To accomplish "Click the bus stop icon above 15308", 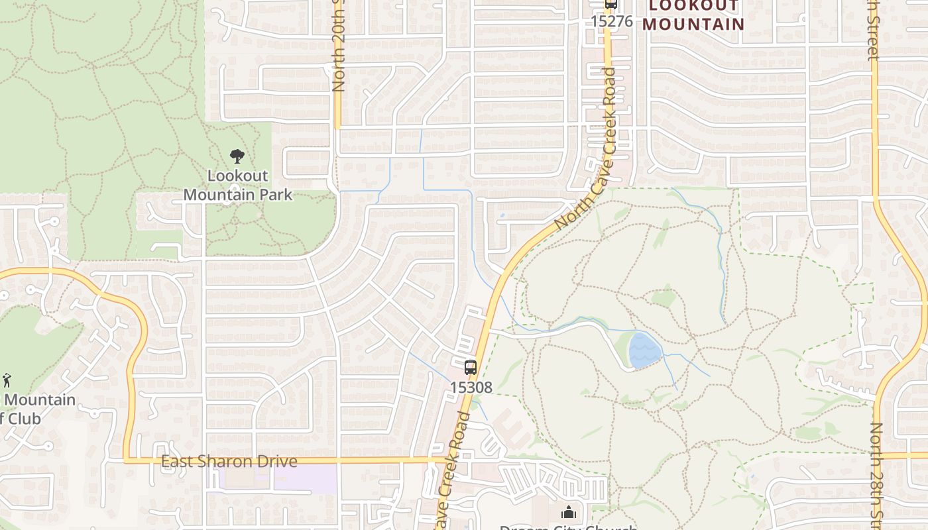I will (x=471, y=367).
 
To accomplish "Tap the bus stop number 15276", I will (x=612, y=21).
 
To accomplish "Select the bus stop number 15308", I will (x=471, y=387).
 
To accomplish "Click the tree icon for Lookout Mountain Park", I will (x=237, y=157).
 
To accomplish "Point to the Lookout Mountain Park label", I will (x=237, y=185).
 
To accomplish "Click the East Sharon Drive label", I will (x=229, y=461).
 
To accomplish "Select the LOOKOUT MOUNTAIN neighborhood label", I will (x=693, y=15).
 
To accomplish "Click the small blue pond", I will (x=644, y=350).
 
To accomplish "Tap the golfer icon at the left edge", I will (x=7, y=380).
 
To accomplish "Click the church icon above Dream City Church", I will (x=569, y=512).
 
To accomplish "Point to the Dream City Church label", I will (x=568, y=527).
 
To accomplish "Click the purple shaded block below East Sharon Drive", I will (x=278, y=479).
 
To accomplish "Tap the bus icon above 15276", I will (x=611, y=5).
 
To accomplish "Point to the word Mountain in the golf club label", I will (x=40, y=400).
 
